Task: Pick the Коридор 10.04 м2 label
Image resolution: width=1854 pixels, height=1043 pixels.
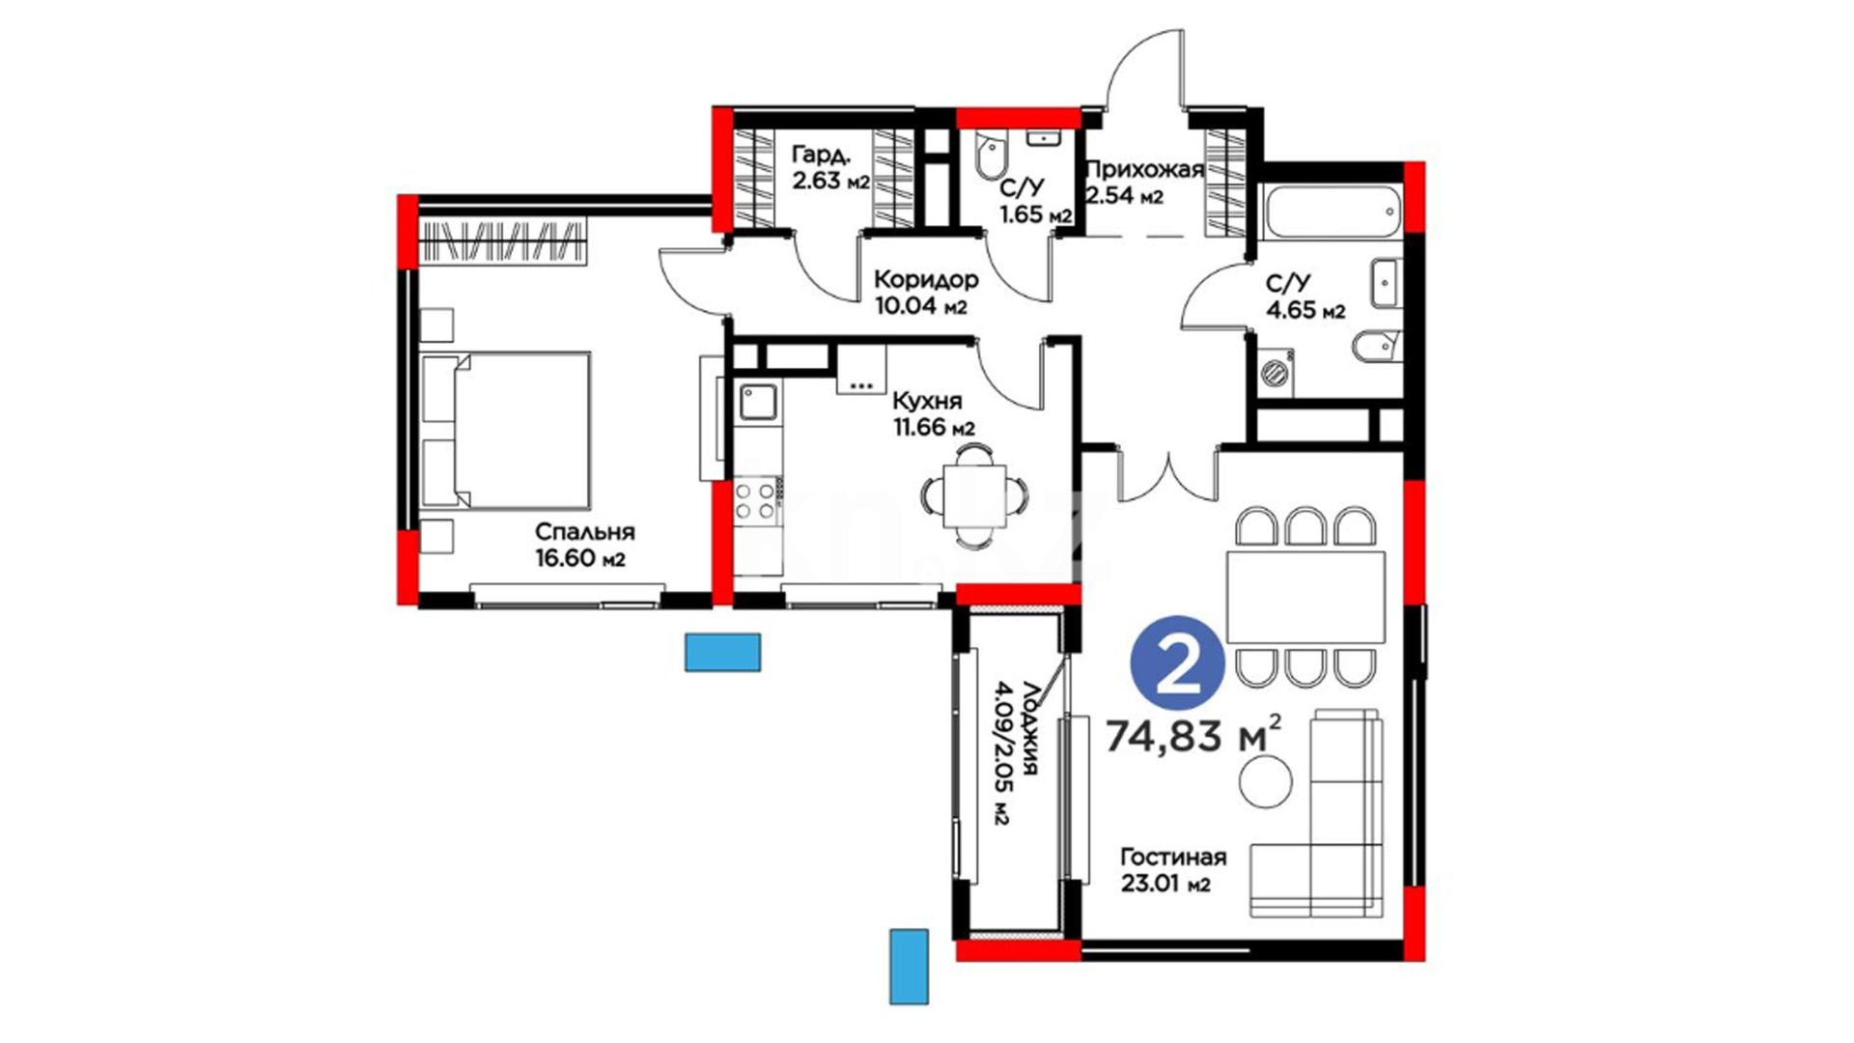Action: [x=926, y=293]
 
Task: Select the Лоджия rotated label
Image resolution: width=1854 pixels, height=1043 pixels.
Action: [x=1018, y=752]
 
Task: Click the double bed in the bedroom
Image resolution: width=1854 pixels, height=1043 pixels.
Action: [x=506, y=430]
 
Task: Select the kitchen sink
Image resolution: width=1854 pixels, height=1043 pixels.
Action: [x=759, y=402]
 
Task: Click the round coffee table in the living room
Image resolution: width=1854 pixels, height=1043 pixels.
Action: [x=1265, y=781]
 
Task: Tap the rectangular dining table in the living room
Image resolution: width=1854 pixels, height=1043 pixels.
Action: [x=1306, y=597]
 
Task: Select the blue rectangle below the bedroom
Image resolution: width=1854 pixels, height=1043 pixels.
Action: [x=722, y=652]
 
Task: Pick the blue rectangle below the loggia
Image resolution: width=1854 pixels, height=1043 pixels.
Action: [x=909, y=967]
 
